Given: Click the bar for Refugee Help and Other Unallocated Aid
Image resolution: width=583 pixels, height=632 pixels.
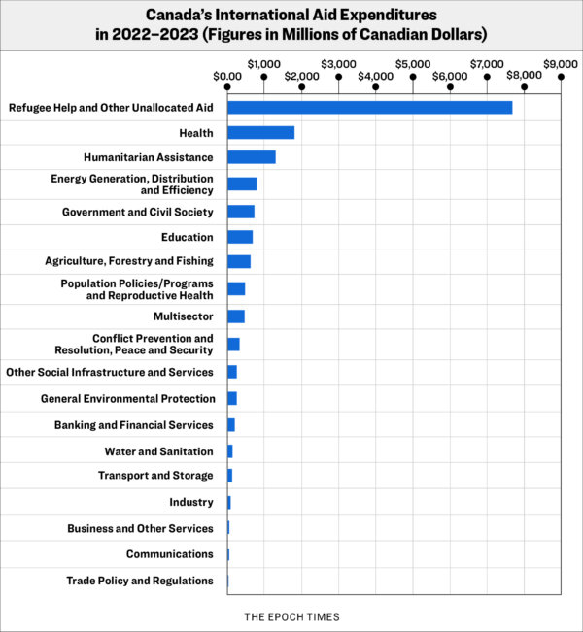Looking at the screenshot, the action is [x=369, y=108].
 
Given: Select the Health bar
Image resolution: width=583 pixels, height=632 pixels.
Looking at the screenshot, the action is [x=260, y=133].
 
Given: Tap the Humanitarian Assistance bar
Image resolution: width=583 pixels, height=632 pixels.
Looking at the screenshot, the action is [x=252, y=157].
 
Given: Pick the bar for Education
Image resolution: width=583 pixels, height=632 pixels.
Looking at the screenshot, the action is [x=240, y=237].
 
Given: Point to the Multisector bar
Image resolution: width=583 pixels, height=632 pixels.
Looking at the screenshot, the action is [x=236, y=316].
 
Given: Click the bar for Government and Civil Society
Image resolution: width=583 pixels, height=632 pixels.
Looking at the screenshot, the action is [x=241, y=212].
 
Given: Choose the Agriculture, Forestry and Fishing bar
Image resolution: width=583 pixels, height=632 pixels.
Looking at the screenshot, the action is [x=239, y=261].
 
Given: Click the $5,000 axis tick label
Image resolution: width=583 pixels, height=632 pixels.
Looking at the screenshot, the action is [x=413, y=64].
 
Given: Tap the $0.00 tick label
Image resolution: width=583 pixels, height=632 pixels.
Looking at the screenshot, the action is [x=227, y=76].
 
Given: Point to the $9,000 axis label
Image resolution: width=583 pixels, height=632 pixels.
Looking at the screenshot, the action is [x=561, y=64].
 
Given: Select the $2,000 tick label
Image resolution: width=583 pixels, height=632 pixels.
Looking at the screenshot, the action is [x=301, y=76].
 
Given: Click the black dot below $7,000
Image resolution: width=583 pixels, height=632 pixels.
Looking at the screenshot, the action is [x=487, y=77].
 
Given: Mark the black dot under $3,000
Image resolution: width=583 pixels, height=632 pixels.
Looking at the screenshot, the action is [x=338, y=77].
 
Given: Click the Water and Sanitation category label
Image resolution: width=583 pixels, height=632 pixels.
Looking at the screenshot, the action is [x=159, y=451].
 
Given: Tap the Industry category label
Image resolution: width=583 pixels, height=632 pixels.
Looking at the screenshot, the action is [x=191, y=502].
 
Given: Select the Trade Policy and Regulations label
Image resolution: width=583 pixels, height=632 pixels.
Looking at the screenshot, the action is [x=140, y=581].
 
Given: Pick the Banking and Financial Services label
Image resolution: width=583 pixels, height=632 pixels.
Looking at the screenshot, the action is [x=134, y=425].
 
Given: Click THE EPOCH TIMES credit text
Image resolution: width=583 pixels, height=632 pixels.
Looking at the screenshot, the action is [x=291, y=617].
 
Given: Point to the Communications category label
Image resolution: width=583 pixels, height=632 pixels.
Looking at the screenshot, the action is [x=170, y=554].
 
